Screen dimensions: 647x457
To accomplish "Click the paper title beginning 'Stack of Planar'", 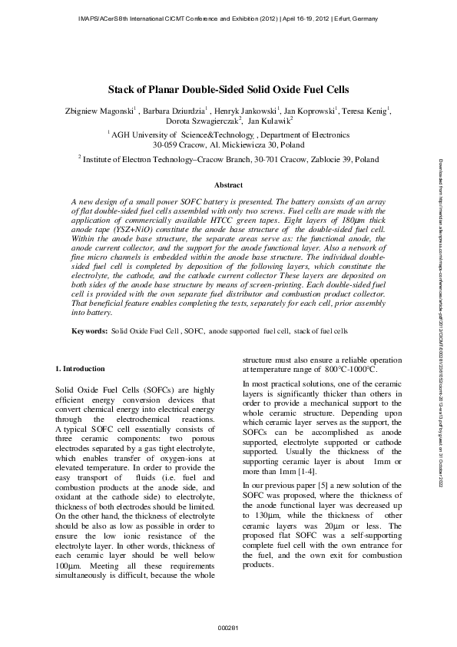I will (228, 89).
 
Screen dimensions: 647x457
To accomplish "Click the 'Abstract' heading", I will (228, 186).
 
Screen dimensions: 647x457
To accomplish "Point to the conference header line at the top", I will (228, 18).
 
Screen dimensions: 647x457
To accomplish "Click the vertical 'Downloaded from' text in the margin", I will (442, 323).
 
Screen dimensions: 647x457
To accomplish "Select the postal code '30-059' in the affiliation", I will (167, 144).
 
